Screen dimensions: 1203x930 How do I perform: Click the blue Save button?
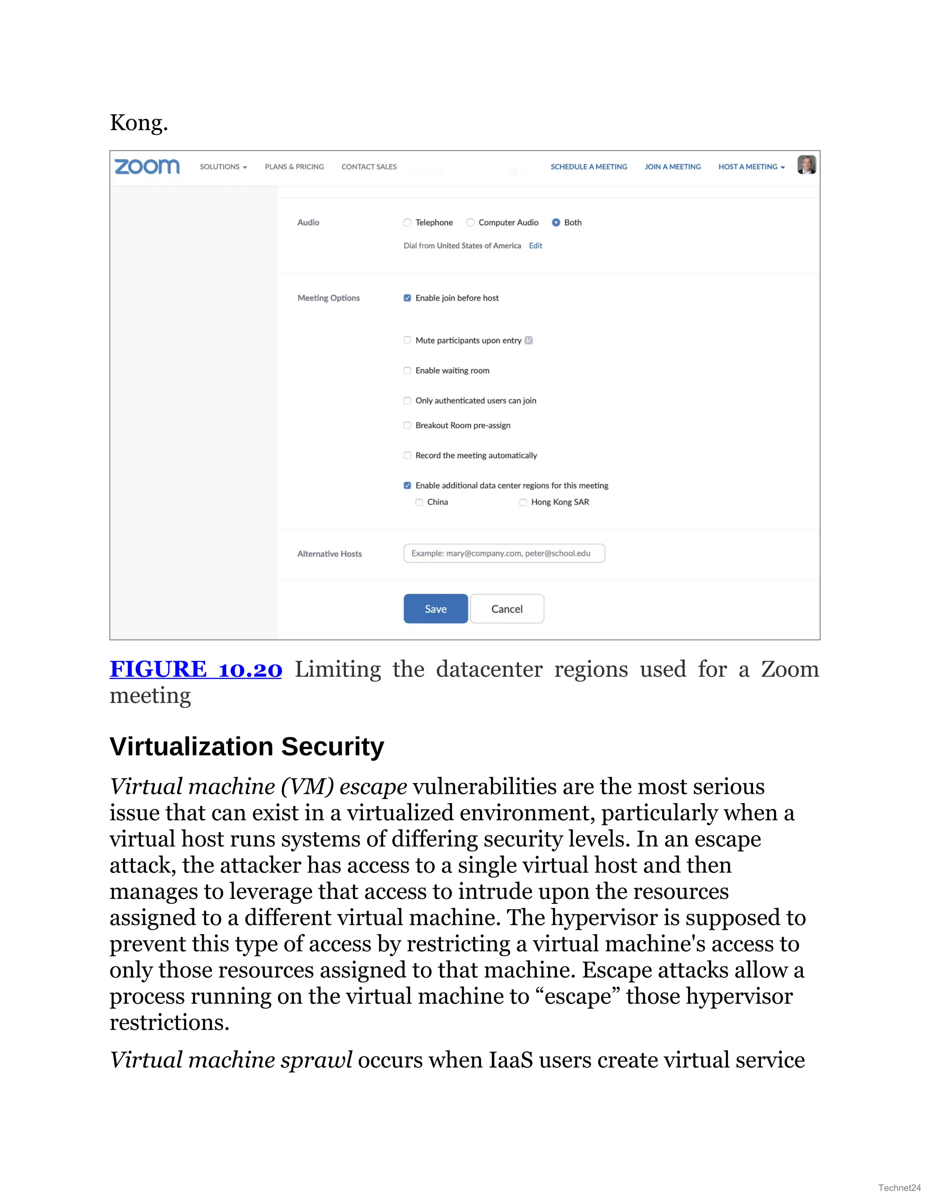pyautogui.click(x=435, y=609)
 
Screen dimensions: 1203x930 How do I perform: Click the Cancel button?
pyautogui.click(x=507, y=609)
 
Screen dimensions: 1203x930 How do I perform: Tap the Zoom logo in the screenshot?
pyautogui.click(x=147, y=166)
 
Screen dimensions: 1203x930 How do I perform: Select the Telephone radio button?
pyautogui.click(x=407, y=222)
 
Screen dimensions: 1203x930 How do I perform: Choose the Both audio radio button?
pyautogui.click(x=556, y=222)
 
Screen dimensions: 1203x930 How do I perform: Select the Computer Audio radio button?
pyautogui.click(x=470, y=222)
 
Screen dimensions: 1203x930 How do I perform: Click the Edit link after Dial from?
pyautogui.click(x=535, y=246)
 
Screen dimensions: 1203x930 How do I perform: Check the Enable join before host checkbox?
pyautogui.click(x=407, y=298)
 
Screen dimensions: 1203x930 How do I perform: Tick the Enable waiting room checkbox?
pyautogui.click(x=407, y=371)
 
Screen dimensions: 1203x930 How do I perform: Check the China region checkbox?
pyautogui.click(x=419, y=503)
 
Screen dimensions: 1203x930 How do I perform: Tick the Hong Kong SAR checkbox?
pyautogui.click(x=523, y=503)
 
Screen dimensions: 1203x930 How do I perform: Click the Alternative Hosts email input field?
pyautogui.click(x=504, y=553)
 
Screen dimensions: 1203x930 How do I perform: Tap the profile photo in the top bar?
pyautogui.click(x=806, y=165)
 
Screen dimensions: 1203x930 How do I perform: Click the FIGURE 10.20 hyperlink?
pyautogui.click(x=196, y=669)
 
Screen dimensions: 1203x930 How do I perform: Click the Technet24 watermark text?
pyautogui.click(x=899, y=1188)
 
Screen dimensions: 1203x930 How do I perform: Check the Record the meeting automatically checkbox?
pyautogui.click(x=407, y=455)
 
